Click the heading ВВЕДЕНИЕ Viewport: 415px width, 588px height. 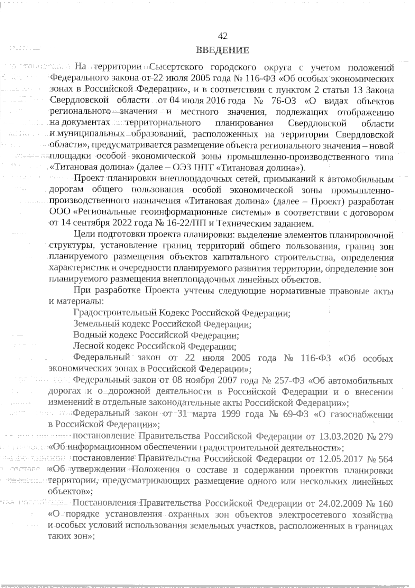coord(222,50)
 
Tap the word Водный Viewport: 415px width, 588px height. coord(90,335)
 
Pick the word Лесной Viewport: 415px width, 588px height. coord(89,346)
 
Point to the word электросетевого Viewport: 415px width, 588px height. coord(312,515)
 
